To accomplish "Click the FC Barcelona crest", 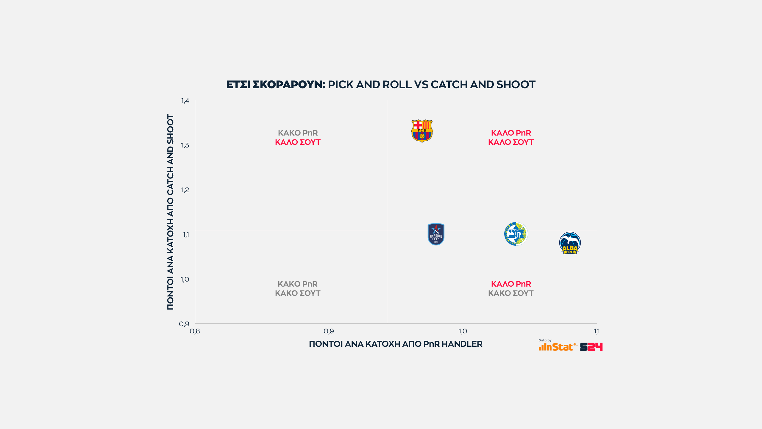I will pos(422,131).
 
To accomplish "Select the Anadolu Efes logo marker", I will pos(436,234).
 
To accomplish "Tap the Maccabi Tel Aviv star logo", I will pos(516,234).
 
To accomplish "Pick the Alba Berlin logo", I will pos(570,243).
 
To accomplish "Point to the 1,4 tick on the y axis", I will pos(185,101).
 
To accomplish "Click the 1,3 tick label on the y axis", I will pos(185,145).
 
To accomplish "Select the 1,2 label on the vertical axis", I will pos(185,190).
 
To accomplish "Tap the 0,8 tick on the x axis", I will pos(195,331).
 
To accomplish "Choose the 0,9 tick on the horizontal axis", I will pos(329,331).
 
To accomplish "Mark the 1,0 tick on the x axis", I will pos(463,331).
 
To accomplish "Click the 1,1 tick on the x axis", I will pos(597,331).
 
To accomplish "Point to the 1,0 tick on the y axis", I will pos(185,279).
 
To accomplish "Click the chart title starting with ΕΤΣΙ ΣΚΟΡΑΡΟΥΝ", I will pos(381,85).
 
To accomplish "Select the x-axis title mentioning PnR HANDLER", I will pos(396,344).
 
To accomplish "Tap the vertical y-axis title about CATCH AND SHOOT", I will pos(170,212).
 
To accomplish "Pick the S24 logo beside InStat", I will pos(591,347).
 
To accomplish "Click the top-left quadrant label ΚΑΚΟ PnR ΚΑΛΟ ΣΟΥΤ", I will pos(298,137).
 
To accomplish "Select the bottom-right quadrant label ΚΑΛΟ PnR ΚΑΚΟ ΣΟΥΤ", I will pos(511,288).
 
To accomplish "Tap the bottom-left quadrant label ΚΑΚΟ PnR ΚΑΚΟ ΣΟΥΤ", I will pos(298,288).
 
